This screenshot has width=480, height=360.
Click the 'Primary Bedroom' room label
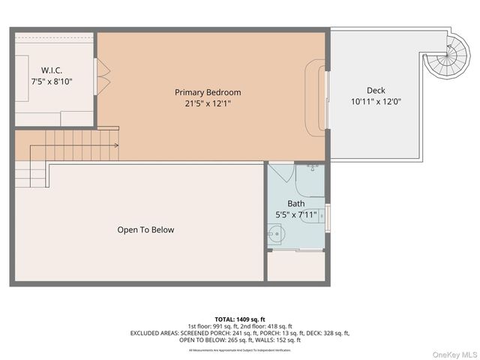(x=208, y=92)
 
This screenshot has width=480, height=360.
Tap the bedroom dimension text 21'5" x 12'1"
(x=208, y=103)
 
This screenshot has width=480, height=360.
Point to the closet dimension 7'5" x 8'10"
(x=52, y=81)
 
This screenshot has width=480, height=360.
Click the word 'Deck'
(x=376, y=90)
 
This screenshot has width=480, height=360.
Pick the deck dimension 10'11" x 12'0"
(x=376, y=101)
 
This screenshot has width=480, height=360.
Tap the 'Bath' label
(x=296, y=203)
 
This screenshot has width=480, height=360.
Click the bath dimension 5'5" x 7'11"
(x=296, y=214)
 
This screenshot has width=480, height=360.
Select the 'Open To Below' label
(x=145, y=229)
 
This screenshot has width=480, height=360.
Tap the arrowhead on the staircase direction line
(x=117, y=145)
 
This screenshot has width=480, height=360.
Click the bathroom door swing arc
(x=283, y=172)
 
